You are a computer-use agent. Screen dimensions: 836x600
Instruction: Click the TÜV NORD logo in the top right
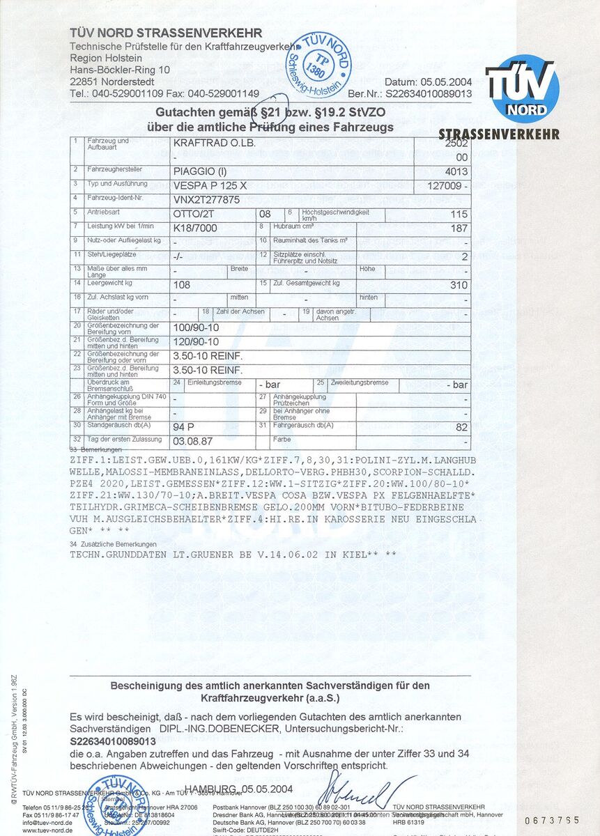[x=523, y=89]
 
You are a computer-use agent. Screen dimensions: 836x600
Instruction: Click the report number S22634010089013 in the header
[x=429, y=93]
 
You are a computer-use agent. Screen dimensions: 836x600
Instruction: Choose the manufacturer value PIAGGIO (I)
[x=200, y=171]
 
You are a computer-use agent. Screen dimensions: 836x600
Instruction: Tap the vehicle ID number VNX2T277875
[x=206, y=200]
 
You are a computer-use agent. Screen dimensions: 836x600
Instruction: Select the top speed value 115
[x=459, y=215]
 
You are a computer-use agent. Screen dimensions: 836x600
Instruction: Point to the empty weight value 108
[x=181, y=285]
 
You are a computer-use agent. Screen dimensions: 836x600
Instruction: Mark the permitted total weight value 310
[x=459, y=285]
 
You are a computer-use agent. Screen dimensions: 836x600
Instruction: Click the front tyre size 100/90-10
[x=196, y=327]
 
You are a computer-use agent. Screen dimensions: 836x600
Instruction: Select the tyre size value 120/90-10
[x=196, y=341]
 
